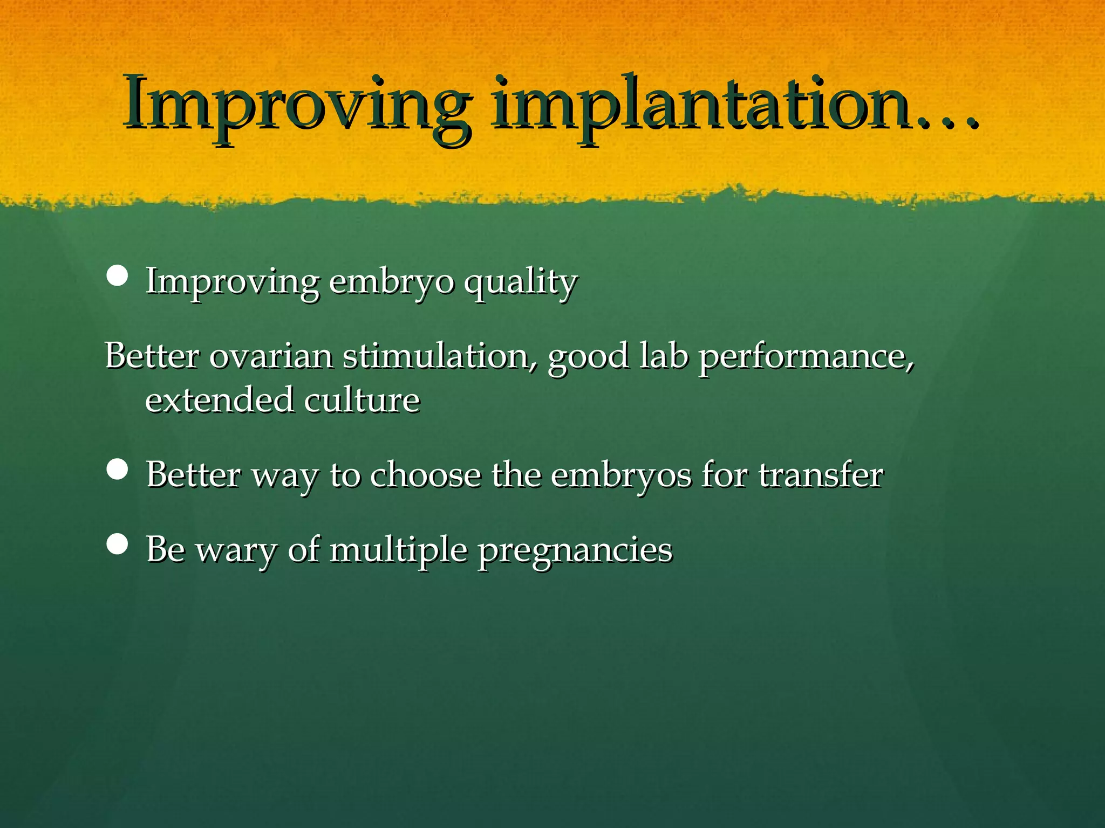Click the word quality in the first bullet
[x=521, y=282]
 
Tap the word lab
[x=664, y=356]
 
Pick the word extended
[x=219, y=400]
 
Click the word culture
[x=361, y=400]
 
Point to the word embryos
[x=620, y=477]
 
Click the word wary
[x=236, y=551]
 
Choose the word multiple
[x=398, y=551]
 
